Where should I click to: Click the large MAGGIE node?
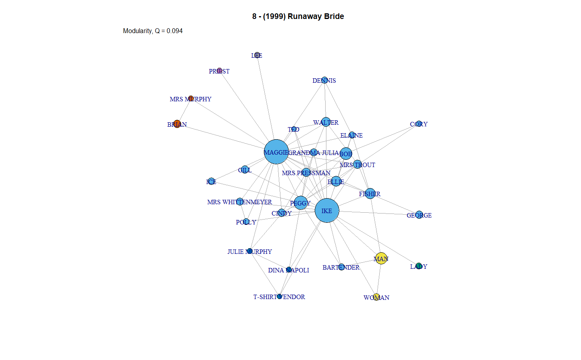(276, 152)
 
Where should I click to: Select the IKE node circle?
(327, 210)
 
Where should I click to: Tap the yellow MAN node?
(381, 258)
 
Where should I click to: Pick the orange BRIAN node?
(177, 124)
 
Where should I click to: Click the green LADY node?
(419, 266)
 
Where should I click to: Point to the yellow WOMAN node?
(376, 297)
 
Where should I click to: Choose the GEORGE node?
(419, 215)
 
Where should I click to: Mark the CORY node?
(419, 124)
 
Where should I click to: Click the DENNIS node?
(324, 80)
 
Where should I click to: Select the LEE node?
(257, 55)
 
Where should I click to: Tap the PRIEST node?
(219, 71)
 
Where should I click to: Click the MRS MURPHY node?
(191, 98)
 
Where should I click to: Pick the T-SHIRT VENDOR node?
(279, 297)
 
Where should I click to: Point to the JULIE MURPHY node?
(249, 251)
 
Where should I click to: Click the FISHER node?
(370, 194)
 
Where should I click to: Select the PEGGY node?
(301, 203)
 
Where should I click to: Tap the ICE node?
(211, 182)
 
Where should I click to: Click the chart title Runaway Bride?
(298, 16)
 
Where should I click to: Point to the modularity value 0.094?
(174, 31)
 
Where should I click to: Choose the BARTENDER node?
(341, 267)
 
